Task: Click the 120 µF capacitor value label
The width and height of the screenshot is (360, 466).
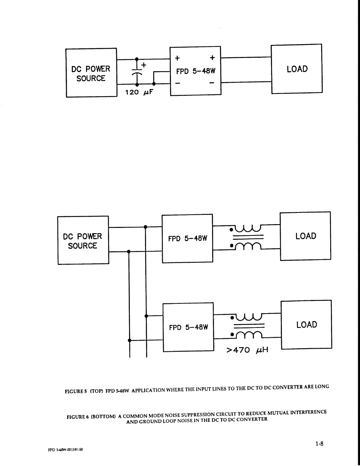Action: pyautogui.click(x=139, y=92)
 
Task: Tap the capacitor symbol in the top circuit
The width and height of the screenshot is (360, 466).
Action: pyautogui.click(x=137, y=72)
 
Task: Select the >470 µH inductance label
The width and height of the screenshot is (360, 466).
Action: pyautogui.click(x=247, y=350)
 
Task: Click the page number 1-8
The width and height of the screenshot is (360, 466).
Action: pyautogui.click(x=319, y=444)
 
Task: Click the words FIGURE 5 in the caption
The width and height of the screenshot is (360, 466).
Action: pyautogui.click(x=76, y=391)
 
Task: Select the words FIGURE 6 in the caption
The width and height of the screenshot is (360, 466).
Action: pyautogui.click(x=77, y=417)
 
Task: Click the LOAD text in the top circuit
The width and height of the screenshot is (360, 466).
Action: pyautogui.click(x=297, y=69)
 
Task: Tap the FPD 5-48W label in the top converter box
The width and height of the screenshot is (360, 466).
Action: pyautogui.click(x=195, y=71)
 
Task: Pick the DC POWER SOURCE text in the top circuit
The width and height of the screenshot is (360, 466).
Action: pyautogui.click(x=91, y=74)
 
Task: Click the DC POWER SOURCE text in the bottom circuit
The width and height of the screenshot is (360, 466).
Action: pyautogui.click(x=82, y=241)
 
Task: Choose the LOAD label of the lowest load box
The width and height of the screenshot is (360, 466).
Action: pyautogui.click(x=306, y=325)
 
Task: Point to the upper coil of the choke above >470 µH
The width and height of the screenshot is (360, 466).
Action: pyautogui.click(x=248, y=316)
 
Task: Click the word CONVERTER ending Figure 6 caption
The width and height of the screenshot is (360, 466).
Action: pyautogui.click(x=253, y=419)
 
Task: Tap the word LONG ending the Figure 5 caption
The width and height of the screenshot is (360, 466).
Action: pyautogui.click(x=322, y=387)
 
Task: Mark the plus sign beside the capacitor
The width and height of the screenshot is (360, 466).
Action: pyautogui.click(x=144, y=65)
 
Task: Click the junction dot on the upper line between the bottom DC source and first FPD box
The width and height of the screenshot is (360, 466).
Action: pyautogui.click(x=145, y=227)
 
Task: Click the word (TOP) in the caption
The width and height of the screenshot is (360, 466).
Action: pyautogui.click(x=96, y=391)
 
